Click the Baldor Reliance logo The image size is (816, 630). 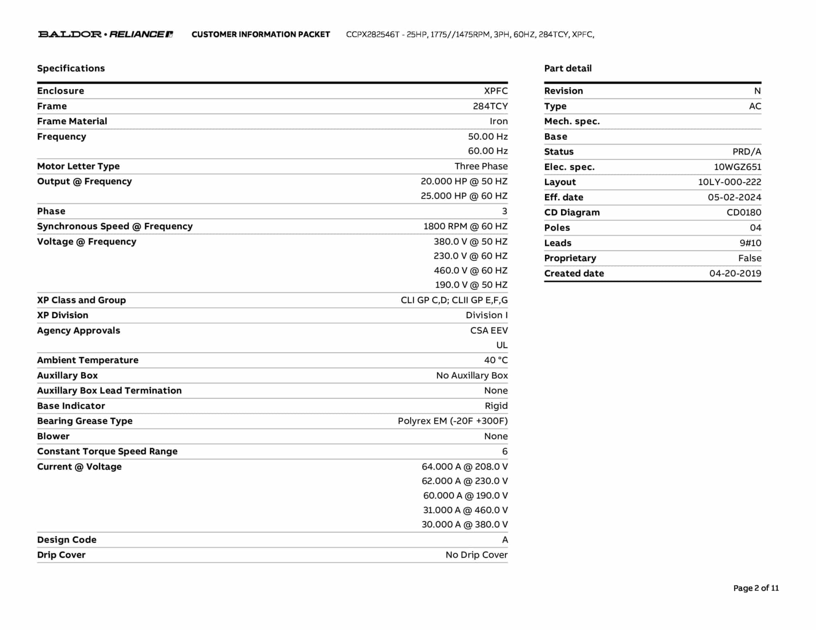(x=105, y=34)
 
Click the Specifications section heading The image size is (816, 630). (x=71, y=68)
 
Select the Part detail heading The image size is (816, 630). (x=568, y=68)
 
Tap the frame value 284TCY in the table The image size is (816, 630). (x=490, y=106)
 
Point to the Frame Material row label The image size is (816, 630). (x=72, y=121)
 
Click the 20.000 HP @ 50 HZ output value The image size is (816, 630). (x=464, y=182)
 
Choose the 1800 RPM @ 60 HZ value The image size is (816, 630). (x=465, y=227)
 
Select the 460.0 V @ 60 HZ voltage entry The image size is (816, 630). (x=470, y=271)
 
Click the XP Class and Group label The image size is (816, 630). (x=81, y=300)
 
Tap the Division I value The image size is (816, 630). (x=486, y=315)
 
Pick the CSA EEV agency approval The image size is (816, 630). (x=488, y=331)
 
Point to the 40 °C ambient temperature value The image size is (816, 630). (x=496, y=360)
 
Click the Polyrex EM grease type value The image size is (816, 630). (x=453, y=421)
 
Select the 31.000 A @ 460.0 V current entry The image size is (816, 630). (x=465, y=510)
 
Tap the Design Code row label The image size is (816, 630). (x=67, y=540)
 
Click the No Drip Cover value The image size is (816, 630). (x=477, y=555)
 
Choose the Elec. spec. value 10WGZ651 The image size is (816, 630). (x=737, y=167)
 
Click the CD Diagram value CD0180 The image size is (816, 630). (x=743, y=213)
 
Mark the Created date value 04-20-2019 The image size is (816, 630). (x=735, y=274)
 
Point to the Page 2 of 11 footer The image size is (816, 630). (x=755, y=588)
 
